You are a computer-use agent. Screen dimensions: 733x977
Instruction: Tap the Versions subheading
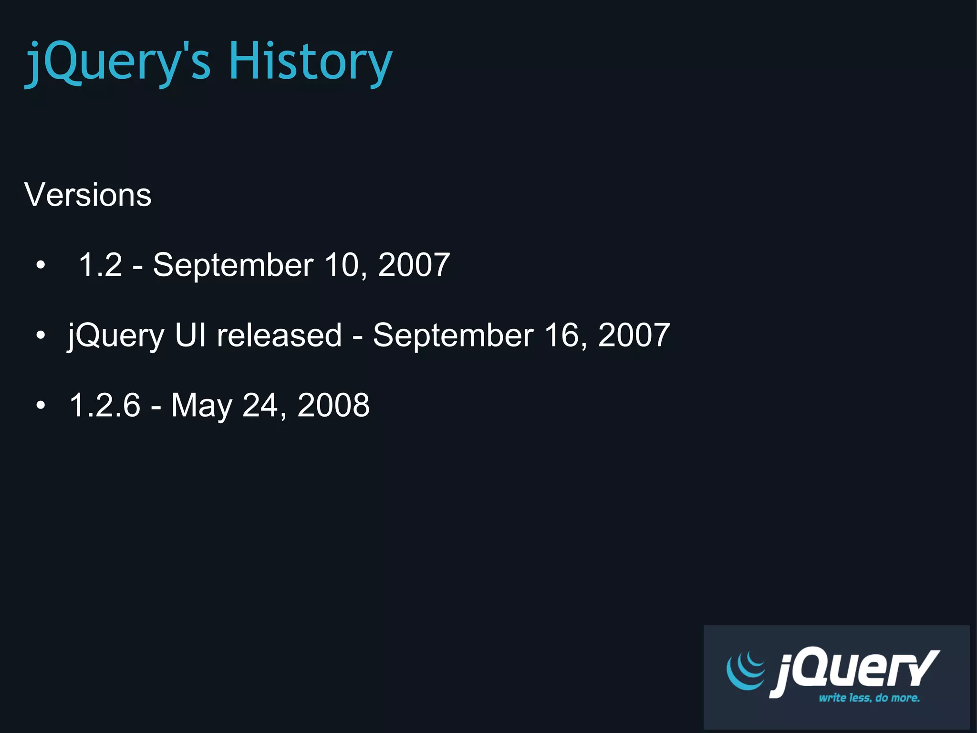(88, 195)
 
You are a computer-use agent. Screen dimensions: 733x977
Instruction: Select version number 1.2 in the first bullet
(100, 264)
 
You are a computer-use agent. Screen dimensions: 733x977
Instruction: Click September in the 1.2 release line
(233, 265)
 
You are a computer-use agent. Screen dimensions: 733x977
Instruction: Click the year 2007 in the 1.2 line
(414, 264)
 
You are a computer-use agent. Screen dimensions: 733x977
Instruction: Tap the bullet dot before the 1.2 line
(41, 265)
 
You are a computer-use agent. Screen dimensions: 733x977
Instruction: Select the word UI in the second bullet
(190, 335)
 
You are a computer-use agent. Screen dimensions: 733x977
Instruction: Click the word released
(280, 335)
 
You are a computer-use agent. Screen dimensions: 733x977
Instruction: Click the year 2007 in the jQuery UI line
(634, 335)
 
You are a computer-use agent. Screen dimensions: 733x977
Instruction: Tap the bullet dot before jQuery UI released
(41, 335)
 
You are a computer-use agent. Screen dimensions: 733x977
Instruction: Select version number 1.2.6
(105, 405)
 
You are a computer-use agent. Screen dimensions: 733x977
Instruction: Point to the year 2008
(333, 405)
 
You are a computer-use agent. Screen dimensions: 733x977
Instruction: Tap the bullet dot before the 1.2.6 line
(41, 405)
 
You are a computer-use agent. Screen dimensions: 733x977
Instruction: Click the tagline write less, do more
(869, 698)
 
